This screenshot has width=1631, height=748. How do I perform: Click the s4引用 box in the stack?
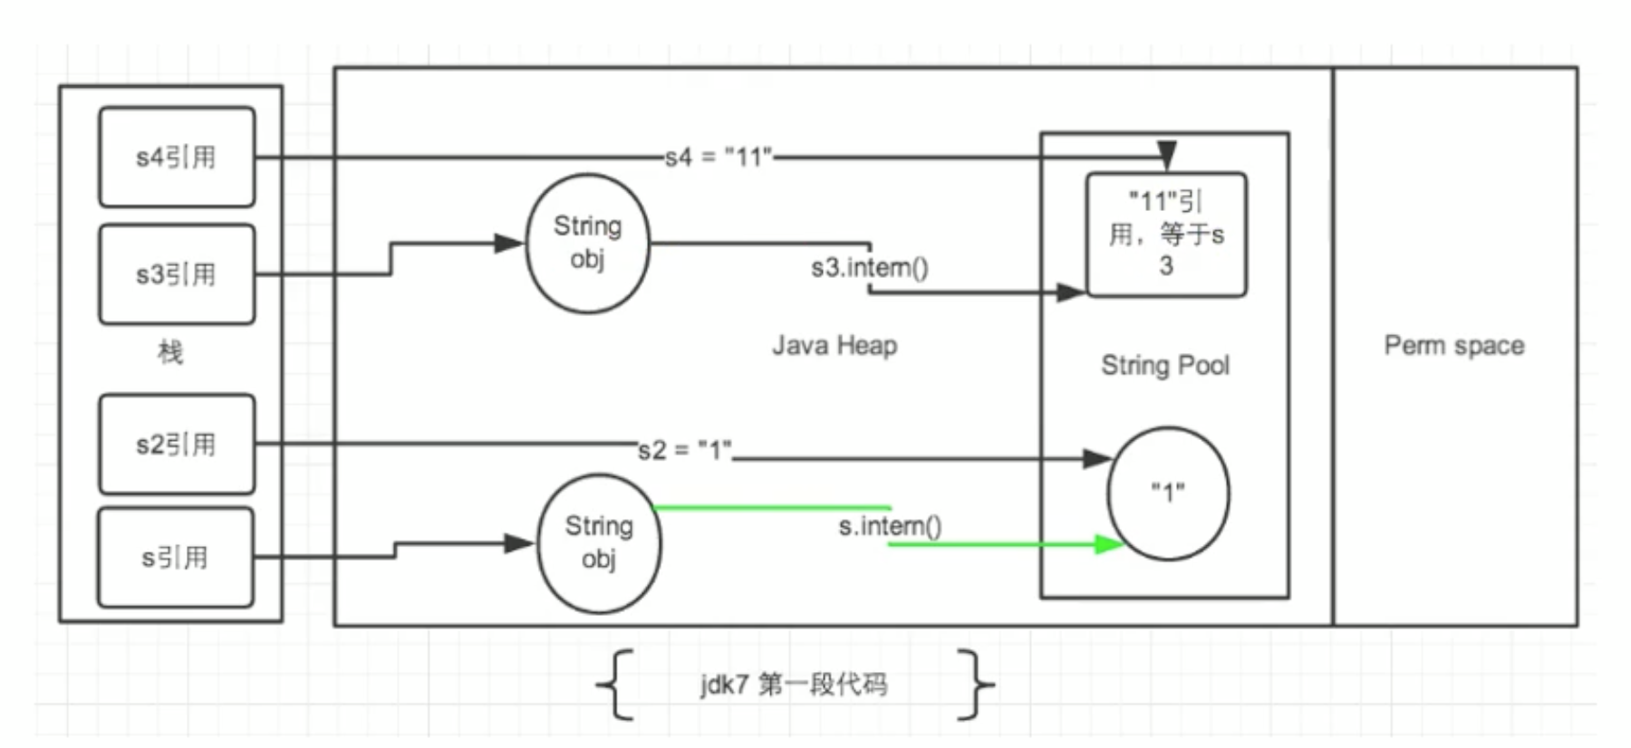click(177, 158)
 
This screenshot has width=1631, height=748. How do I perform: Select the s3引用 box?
click(177, 274)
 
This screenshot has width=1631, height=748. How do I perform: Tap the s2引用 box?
click(177, 445)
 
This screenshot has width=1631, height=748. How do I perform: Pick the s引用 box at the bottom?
click(176, 558)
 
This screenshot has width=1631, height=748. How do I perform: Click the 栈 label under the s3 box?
click(170, 352)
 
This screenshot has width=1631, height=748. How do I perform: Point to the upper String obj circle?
click(588, 243)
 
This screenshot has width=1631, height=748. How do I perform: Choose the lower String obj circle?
click(599, 543)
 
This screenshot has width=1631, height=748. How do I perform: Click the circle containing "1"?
click(1169, 494)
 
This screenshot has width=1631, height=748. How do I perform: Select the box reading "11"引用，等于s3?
click(1167, 235)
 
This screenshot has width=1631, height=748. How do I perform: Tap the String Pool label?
click(1165, 365)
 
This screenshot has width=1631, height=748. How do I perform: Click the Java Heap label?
click(835, 345)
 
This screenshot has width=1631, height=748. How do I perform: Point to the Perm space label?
click(1454, 345)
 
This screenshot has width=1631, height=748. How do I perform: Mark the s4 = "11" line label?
click(719, 158)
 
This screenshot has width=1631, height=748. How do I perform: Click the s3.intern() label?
click(870, 267)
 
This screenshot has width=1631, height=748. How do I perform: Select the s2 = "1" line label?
click(685, 450)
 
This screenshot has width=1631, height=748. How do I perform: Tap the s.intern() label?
click(890, 526)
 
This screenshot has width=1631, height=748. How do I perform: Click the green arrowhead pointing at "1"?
click(1110, 544)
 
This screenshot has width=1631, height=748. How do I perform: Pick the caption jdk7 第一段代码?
click(794, 684)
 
